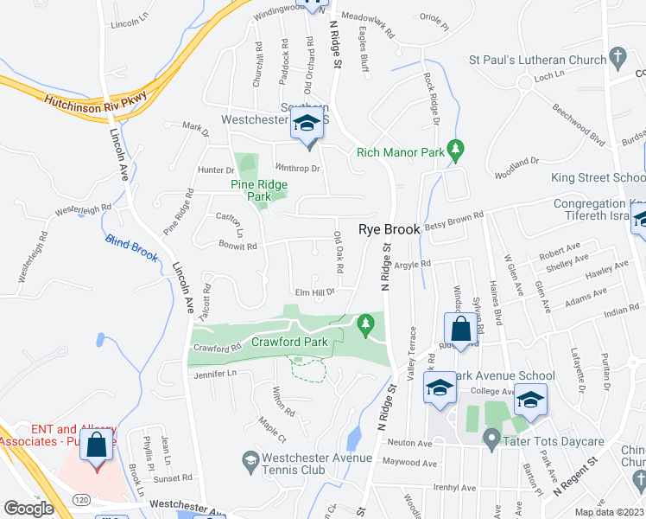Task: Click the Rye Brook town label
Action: pos(389,229)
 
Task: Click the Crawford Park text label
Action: pos(289,342)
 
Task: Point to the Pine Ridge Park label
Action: pos(256,190)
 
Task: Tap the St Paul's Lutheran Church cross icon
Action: pos(617,58)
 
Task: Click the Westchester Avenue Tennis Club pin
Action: pos(250,458)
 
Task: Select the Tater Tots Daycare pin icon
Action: pos(491,441)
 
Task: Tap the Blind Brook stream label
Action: pos(132,246)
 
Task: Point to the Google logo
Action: pos(29,509)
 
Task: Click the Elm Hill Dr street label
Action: pos(313,292)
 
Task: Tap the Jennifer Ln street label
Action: pos(215,373)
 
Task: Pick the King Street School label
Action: pos(598,177)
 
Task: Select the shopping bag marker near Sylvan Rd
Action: pos(461,329)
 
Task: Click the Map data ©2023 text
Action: pos(610,512)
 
